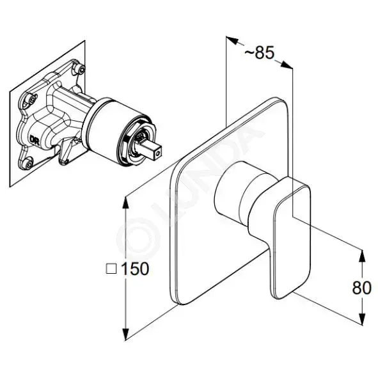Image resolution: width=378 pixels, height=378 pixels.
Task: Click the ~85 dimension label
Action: click(x=260, y=52)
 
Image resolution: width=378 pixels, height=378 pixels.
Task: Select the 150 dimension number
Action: click(x=135, y=269)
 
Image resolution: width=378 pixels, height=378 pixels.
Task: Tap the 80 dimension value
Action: click(x=361, y=288)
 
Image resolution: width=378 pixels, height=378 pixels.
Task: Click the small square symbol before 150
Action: click(x=111, y=269)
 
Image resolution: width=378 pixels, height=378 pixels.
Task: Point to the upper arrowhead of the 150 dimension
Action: click(x=125, y=203)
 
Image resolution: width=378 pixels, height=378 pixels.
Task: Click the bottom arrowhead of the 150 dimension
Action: click(x=125, y=333)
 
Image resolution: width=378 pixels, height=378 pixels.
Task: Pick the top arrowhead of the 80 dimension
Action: click(x=362, y=256)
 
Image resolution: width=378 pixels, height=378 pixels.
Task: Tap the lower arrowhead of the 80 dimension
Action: click(x=362, y=319)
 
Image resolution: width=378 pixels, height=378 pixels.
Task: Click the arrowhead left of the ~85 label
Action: click(x=232, y=40)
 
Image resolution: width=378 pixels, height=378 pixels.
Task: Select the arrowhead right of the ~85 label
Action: click(x=286, y=65)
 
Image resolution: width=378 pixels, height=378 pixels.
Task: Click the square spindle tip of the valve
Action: click(x=154, y=150)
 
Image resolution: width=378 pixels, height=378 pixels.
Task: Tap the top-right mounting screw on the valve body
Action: click(x=81, y=68)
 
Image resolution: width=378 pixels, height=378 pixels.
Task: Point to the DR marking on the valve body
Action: click(x=33, y=139)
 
